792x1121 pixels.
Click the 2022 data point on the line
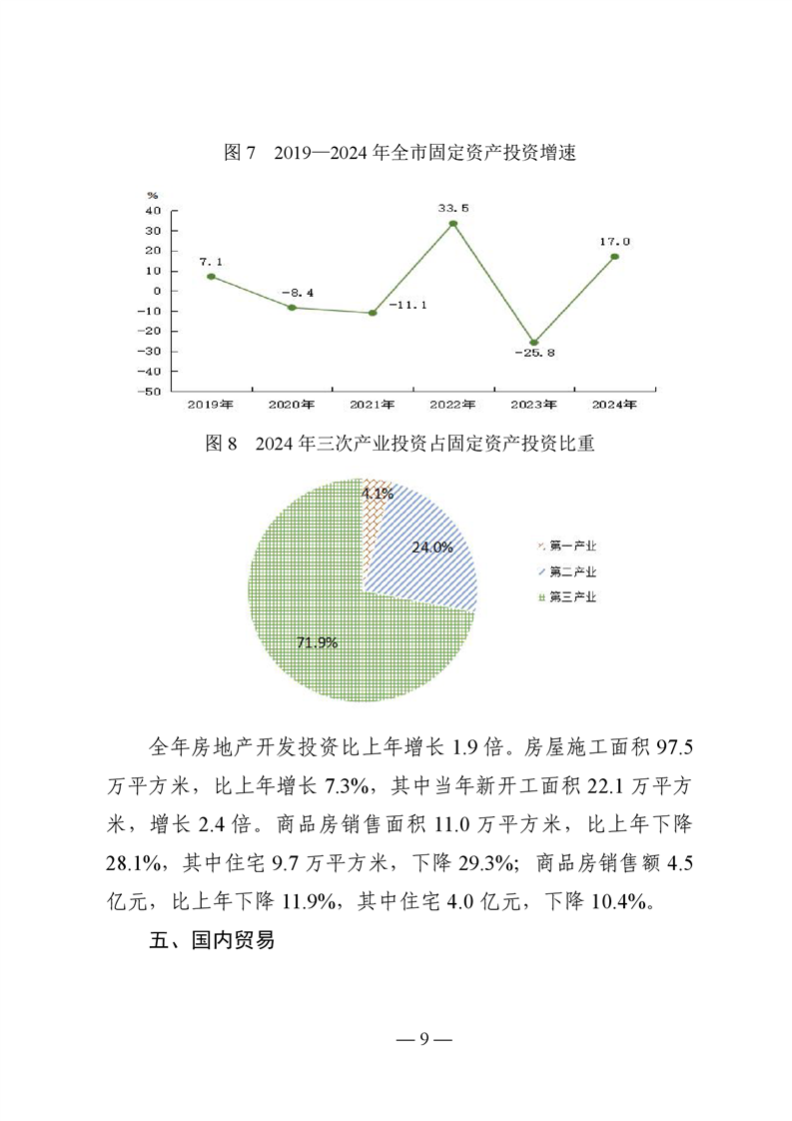453,224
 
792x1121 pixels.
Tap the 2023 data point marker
534,343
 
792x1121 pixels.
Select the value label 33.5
452,208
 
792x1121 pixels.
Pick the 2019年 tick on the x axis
211,405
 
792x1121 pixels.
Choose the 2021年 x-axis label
373,405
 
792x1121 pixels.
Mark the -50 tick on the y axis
151,392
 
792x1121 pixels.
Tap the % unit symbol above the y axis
152,195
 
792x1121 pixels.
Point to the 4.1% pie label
378,494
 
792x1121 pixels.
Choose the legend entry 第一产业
566,546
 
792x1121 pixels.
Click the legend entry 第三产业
566,596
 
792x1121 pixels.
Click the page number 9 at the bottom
423,1038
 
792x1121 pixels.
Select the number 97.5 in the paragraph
662,746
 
